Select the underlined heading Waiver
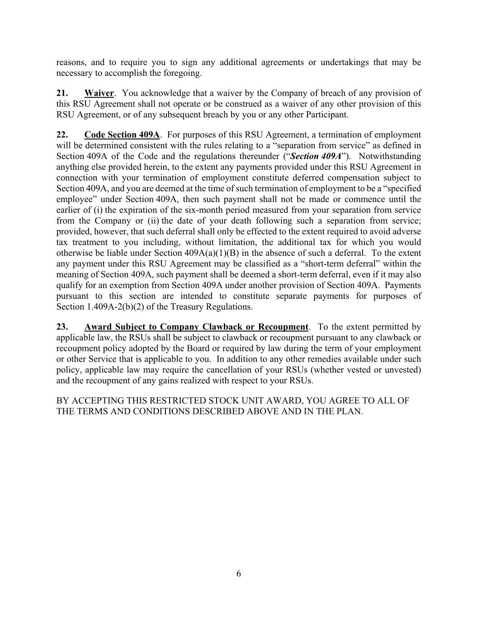click(99, 93)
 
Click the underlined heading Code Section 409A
click(122, 135)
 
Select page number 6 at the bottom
click(238, 574)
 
